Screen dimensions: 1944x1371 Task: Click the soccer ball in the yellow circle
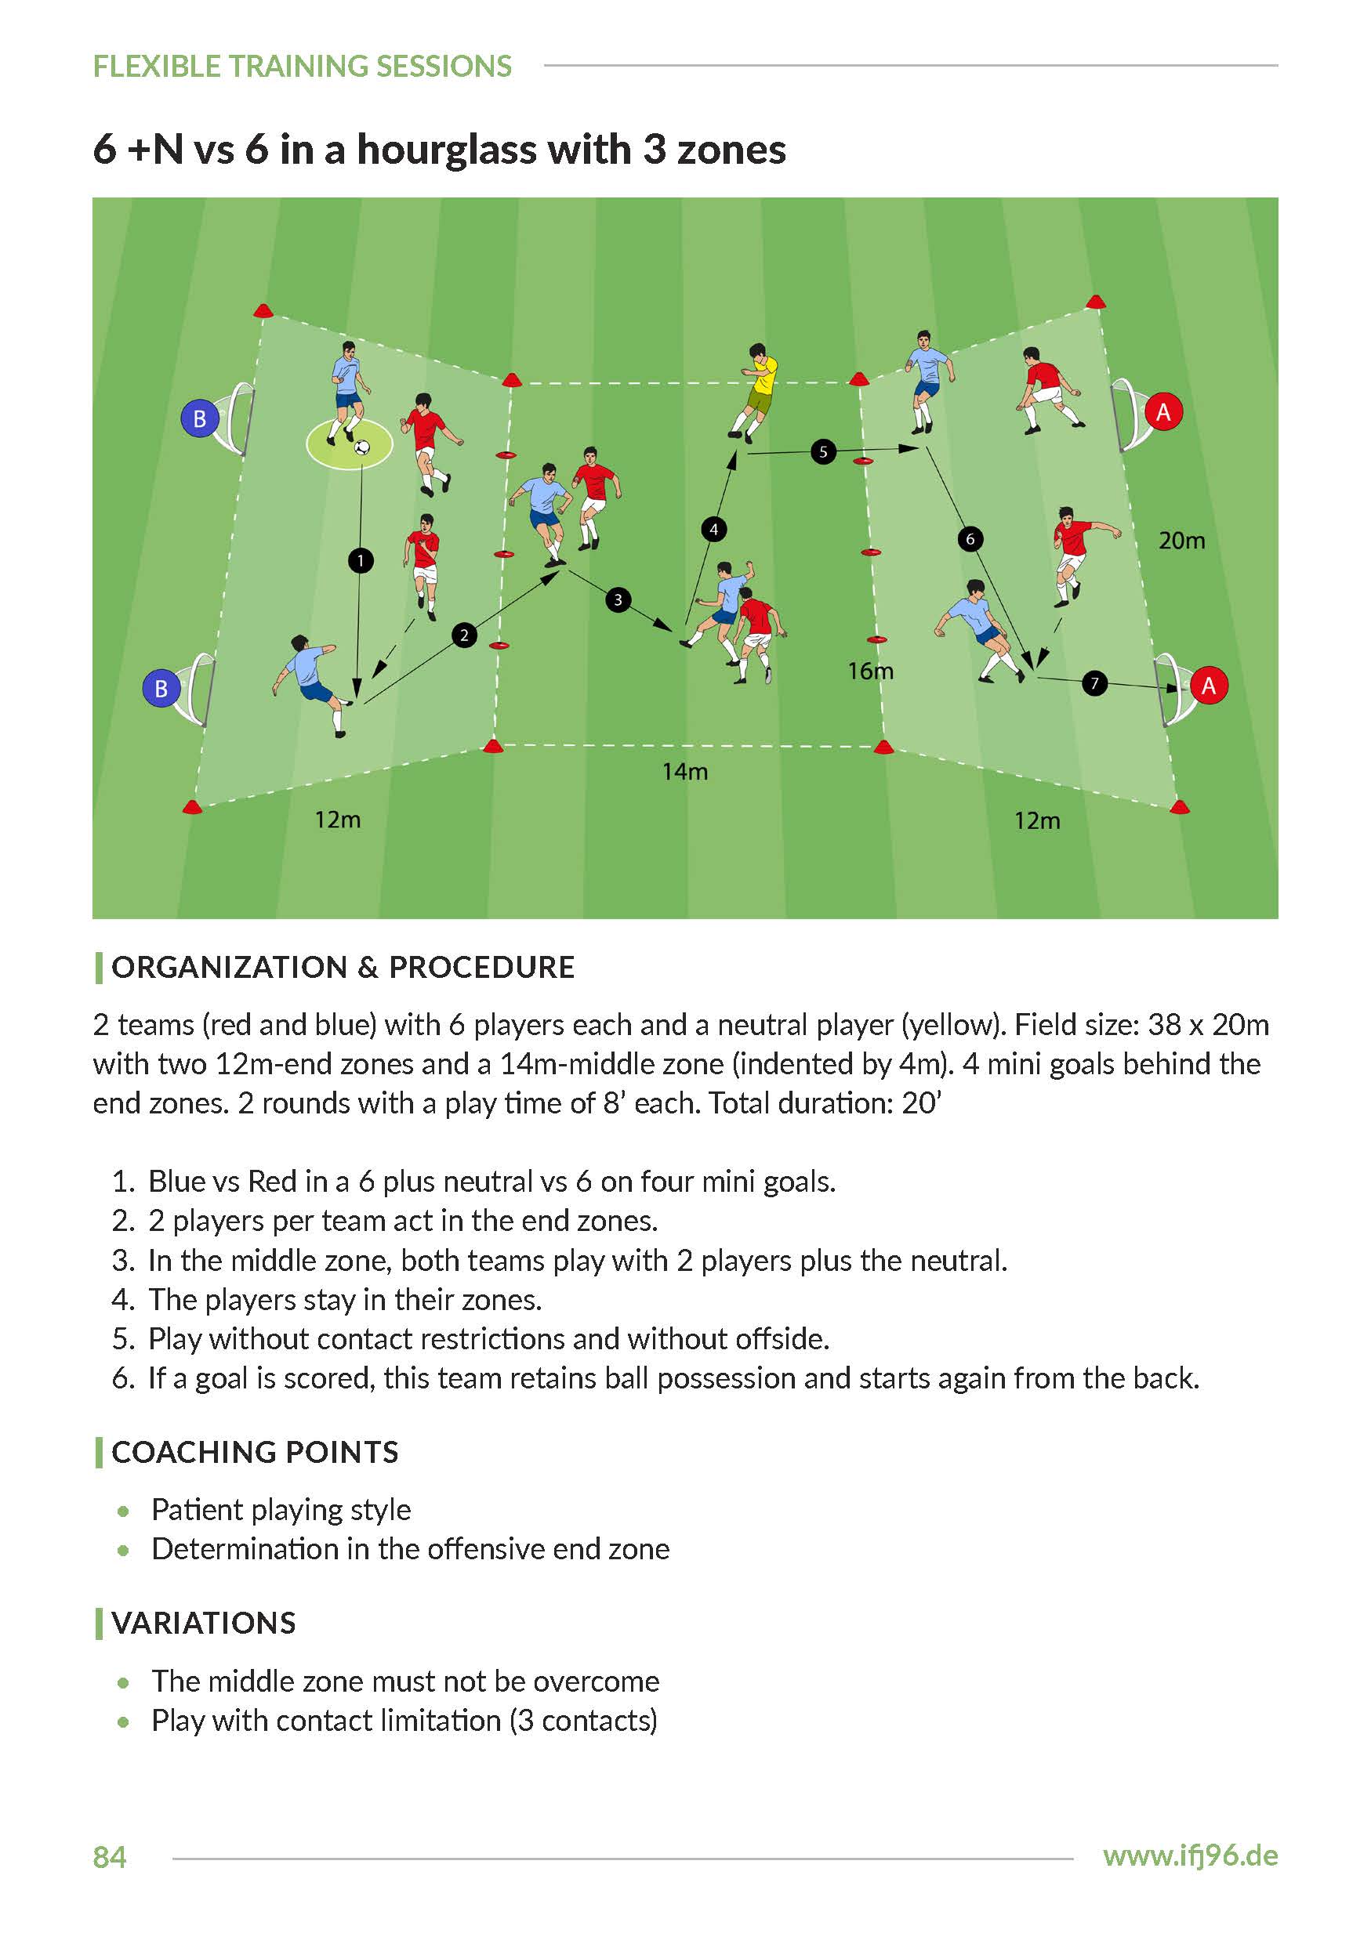(x=362, y=446)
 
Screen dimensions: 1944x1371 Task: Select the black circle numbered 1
(x=361, y=559)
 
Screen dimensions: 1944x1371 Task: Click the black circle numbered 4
(x=714, y=529)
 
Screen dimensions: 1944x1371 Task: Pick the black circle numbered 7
(x=1094, y=682)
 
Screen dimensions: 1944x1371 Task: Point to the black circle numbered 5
(x=823, y=451)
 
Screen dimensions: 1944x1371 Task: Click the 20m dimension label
(x=1181, y=540)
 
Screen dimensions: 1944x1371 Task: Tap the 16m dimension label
(x=871, y=671)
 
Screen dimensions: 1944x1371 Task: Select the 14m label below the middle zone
(x=685, y=771)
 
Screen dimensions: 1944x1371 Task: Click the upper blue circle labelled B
(x=200, y=418)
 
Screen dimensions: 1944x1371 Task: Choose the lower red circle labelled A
(x=1209, y=685)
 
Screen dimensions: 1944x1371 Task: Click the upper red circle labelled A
(x=1163, y=411)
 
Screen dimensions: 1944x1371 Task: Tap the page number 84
(x=109, y=1858)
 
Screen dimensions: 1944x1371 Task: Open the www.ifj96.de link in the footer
(x=1190, y=1856)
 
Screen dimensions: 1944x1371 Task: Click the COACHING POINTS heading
(x=255, y=1452)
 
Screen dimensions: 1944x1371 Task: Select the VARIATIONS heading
(x=203, y=1623)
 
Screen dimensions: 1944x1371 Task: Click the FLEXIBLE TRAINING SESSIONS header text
(x=303, y=66)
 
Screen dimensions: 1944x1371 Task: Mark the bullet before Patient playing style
(x=124, y=1511)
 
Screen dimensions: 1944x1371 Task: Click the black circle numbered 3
(x=618, y=599)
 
